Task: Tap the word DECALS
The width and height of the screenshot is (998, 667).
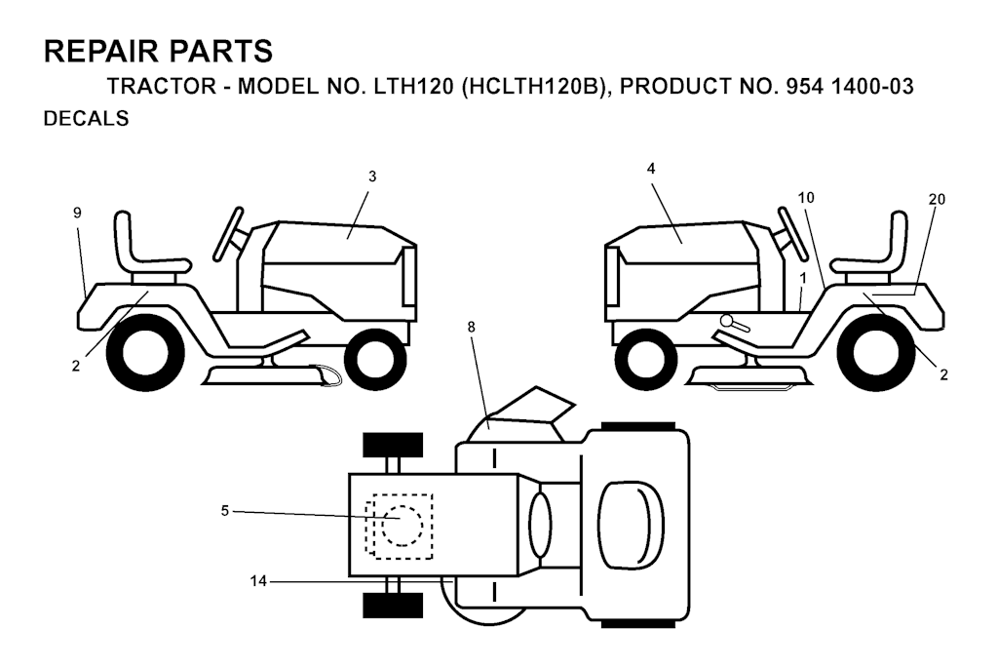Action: pyautogui.click(x=86, y=119)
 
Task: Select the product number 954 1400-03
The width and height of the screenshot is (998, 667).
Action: pyautogui.click(x=850, y=86)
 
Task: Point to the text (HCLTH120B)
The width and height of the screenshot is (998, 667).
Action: pyautogui.click(x=532, y=87)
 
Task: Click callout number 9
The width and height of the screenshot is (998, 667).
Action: pyautogui.click(x=77, y=213)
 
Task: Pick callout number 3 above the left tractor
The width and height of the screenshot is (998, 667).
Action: pyautogui.click(x=372, y=177)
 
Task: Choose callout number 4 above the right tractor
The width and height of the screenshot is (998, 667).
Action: pyautogui.click(x=650, y=168)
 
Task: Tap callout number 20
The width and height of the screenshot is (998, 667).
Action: pyautogui.click(x=937, y=199)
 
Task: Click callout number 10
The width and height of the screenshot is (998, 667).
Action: pyautogui.click(x=806, y=198)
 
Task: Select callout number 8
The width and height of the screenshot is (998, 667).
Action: pyautogui.click(x=471, y=327)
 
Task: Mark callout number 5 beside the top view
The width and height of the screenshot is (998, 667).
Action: pyautogui.click(x=225, y=511)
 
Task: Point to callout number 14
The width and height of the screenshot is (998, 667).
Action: pyautogui.click(x=258, y=581)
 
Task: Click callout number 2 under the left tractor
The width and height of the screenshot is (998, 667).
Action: pyautogui.click(x=76, y=366)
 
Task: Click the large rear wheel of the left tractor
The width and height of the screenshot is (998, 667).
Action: pyautogui.click(x=146, y=351)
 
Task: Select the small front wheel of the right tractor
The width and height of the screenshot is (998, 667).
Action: pyautogui.click(x=647, y=360)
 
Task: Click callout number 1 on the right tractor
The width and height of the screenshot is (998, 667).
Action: pyautogui.click(x=803, y=278)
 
